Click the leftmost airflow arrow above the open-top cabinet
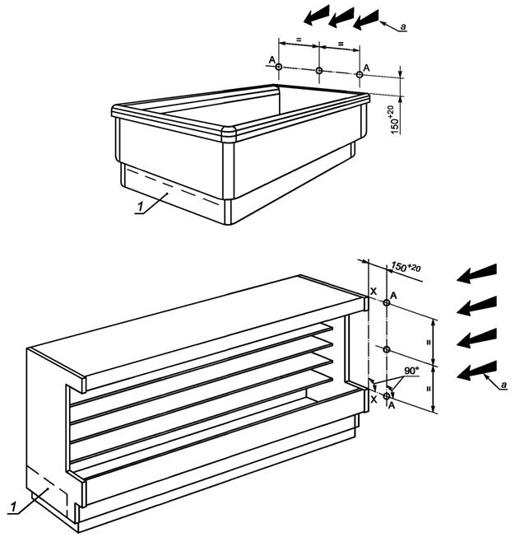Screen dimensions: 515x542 [x=317, y=15]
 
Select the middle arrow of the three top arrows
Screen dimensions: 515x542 [x=341, y=17]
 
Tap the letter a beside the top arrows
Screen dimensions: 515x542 [x=402, y=26]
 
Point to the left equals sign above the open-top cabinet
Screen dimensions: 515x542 [x=299, y=40]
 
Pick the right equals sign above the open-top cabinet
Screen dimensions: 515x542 [x=341, y=44]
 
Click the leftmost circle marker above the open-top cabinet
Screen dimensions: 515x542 [x=279, y=67]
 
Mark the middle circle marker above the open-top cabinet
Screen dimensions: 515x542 [x=319, y=71]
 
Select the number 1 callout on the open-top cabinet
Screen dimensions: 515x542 [x=141, y=207]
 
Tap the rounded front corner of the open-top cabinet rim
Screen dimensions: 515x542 [x=229, y=133]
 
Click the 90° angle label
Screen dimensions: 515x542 [x=411, y=371]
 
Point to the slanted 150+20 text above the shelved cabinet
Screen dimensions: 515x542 [x=406, y=267]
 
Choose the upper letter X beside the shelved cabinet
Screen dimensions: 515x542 [x=373, y=292]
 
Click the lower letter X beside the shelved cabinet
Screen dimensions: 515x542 [x=373, y=399]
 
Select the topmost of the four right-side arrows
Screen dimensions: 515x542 [x=476, y=273]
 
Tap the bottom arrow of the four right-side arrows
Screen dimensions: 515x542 [x=476, y=371]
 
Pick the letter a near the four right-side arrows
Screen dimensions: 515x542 [x=503, y=385]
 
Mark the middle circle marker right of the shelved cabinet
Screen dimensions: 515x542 [x=387, y=349]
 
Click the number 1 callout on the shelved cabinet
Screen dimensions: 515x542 [x=14, y=507]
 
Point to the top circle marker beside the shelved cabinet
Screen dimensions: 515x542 [x=387, y=303]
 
